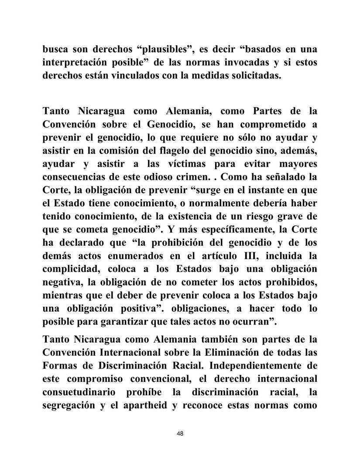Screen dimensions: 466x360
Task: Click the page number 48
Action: click(x=180, y=433)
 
